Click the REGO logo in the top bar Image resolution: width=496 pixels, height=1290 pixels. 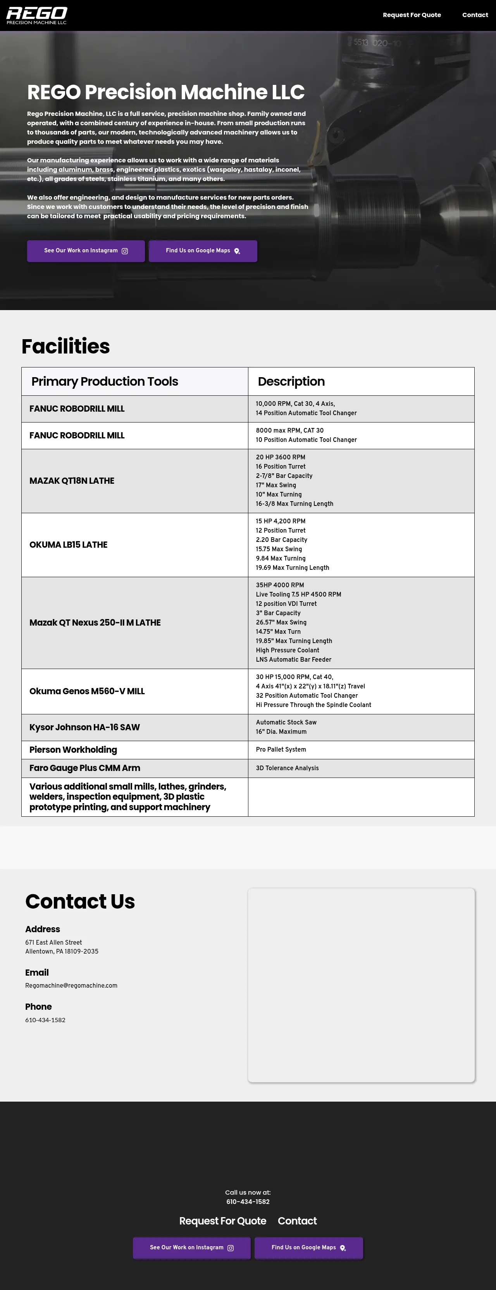coord(36,15)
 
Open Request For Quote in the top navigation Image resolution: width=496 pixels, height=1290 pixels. coord(412,15)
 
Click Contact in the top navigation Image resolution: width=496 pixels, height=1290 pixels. coord(474,15)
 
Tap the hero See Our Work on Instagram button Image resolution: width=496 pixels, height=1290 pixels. coord(86,251)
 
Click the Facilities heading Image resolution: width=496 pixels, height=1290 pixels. coord(65,347)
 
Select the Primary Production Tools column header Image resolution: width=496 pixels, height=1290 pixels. coord(105,381)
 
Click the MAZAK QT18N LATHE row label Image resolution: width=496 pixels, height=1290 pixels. coord(72,481)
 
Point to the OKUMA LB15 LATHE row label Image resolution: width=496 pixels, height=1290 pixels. coord(68,545)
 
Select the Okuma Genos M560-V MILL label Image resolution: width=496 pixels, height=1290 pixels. coord(86,692)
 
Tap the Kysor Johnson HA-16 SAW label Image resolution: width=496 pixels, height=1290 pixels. coord(84,728)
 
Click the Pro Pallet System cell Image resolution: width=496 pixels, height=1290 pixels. coord(281,750)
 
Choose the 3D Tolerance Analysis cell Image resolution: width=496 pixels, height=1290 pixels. coord(287,768)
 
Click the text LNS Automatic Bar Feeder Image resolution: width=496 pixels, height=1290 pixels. coord(293,659)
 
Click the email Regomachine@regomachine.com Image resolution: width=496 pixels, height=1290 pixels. coord(71,986)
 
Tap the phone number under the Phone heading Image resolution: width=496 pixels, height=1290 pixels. coord(45,1020)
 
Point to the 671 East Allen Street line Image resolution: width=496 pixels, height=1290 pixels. coord(53,942)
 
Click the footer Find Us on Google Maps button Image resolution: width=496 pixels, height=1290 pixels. coord(308,1247)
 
